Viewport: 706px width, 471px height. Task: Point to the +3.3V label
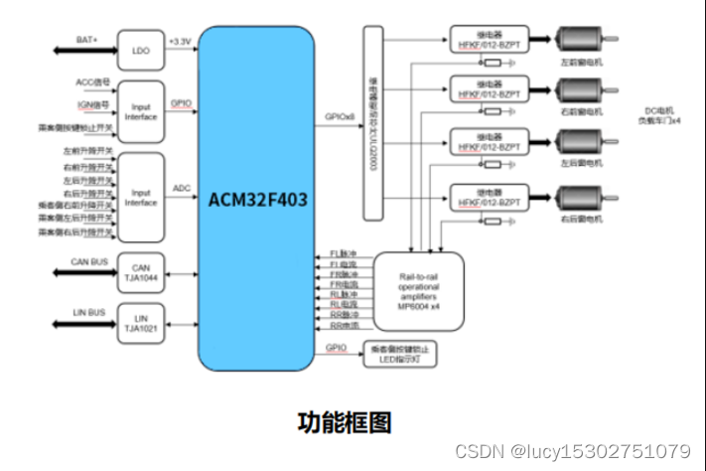tap(180, 39)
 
